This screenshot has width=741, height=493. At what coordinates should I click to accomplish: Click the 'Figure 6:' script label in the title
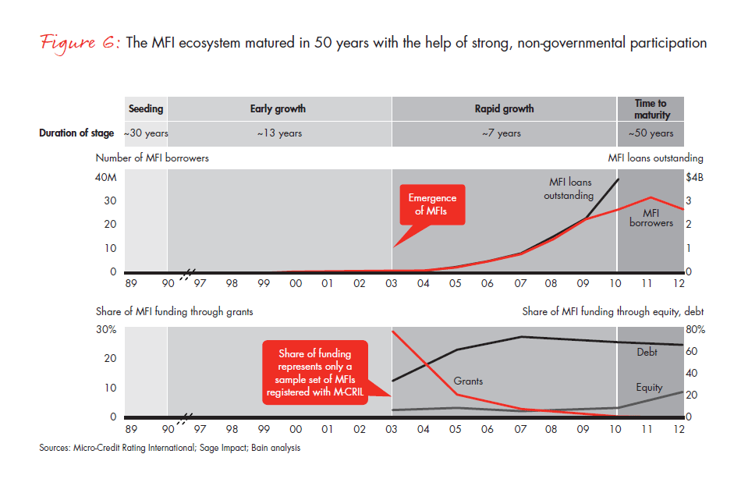click(69, 43)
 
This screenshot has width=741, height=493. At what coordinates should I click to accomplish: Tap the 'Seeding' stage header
click(145, 108)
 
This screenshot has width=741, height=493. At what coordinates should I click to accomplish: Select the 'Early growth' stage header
click(278, 108)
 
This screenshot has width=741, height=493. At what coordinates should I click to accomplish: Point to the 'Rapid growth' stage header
click(504, 108)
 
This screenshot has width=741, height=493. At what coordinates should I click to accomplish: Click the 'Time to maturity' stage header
click(651, 108)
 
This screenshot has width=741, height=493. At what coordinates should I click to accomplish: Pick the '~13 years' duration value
click(278, 133)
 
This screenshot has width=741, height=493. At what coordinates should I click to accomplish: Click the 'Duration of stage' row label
click(76, 133)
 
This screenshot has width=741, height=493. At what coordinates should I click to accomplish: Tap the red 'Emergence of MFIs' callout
click(431, 205)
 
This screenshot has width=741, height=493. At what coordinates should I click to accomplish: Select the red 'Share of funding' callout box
click(317, 372)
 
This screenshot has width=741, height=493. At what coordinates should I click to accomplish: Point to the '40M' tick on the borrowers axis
click(106, 179)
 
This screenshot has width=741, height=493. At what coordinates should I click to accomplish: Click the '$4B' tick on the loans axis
click(694, 179)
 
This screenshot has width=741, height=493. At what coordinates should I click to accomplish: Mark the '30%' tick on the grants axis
click(107, 329)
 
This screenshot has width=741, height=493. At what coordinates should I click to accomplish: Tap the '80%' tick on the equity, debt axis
click(696, 329)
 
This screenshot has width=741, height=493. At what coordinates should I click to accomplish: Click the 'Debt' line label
click(647, 353)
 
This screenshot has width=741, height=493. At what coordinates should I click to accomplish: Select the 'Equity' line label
click(649, 387)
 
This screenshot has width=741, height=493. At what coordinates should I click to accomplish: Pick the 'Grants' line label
click(468, 381)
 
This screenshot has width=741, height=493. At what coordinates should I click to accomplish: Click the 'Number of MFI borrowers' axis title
click(152, 158)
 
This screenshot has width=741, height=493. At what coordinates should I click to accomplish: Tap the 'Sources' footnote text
click(169, 449)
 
